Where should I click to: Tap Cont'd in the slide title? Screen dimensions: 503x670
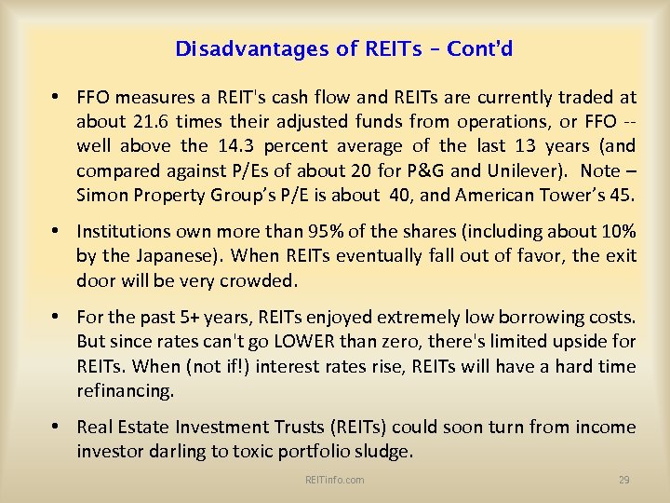click(479, 48)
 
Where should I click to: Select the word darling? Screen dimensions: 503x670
click(176, 451)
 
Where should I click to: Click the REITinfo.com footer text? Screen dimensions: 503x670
click(334, 480)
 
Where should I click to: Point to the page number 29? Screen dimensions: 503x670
click(623, 480)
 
